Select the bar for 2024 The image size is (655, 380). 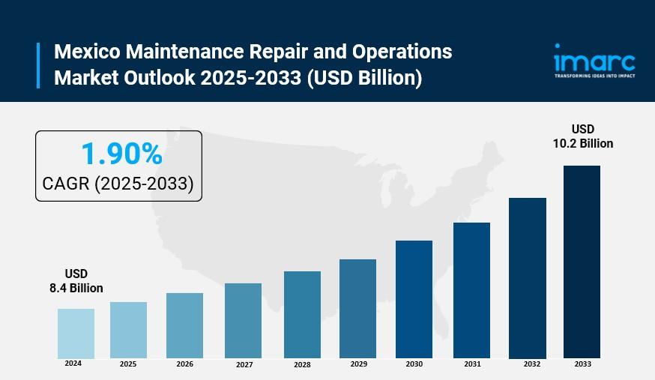76,333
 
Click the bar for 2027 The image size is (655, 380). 243,320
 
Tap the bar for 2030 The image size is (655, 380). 414,299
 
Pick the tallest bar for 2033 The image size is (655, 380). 582,262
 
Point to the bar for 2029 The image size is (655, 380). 357,308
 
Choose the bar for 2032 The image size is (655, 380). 527,277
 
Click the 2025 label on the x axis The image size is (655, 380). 127,364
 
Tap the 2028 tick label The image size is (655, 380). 302,365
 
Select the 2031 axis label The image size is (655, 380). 472,364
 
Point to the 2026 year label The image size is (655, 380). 184,364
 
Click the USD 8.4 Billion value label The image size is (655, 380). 76,281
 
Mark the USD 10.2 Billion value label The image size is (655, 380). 582,136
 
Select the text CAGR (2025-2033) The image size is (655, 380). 118,184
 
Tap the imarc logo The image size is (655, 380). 594,58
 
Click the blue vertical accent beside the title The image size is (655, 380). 38,65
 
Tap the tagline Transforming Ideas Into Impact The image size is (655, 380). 594,76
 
